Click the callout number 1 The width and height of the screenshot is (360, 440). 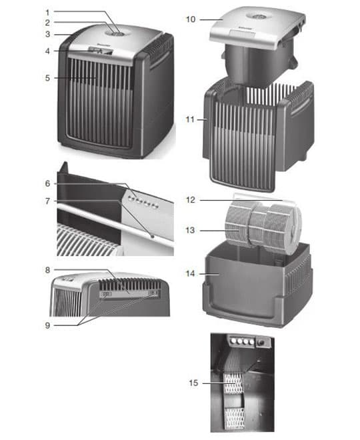47,13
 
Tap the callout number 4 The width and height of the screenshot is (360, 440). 47,51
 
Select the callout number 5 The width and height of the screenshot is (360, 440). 47,78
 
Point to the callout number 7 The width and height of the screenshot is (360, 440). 47,201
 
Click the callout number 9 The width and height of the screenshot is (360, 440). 47,325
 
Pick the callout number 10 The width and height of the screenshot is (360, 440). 191,19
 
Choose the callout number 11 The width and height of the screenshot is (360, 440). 190,119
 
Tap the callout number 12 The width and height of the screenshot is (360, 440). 191,200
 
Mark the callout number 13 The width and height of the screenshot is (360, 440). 190,230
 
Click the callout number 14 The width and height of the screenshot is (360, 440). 190,273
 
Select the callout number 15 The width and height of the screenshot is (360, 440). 193,383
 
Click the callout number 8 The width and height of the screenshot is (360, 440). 47,270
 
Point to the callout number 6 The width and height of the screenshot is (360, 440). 47,183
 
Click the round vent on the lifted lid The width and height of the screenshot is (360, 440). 258,17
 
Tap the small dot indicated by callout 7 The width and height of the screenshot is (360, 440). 153,237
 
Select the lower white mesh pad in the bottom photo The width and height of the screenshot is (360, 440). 235,419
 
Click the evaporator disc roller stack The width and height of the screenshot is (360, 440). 263,224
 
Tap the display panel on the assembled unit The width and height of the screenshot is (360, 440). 101,51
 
